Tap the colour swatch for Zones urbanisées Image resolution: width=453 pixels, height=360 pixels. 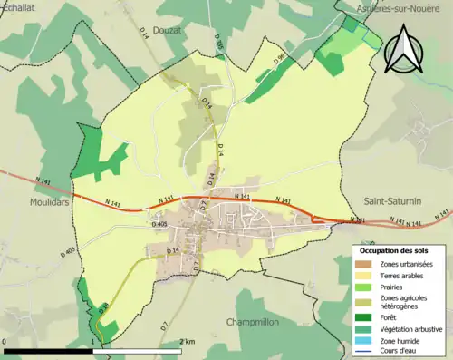tap(364, 264)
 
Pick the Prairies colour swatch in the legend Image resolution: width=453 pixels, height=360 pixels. tap(364, 287)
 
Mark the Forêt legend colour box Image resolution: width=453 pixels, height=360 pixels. tap(364, 316)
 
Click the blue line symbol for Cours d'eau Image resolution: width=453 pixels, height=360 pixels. tap(364, 350)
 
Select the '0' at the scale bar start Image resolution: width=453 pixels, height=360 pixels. tap(5, 341)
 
